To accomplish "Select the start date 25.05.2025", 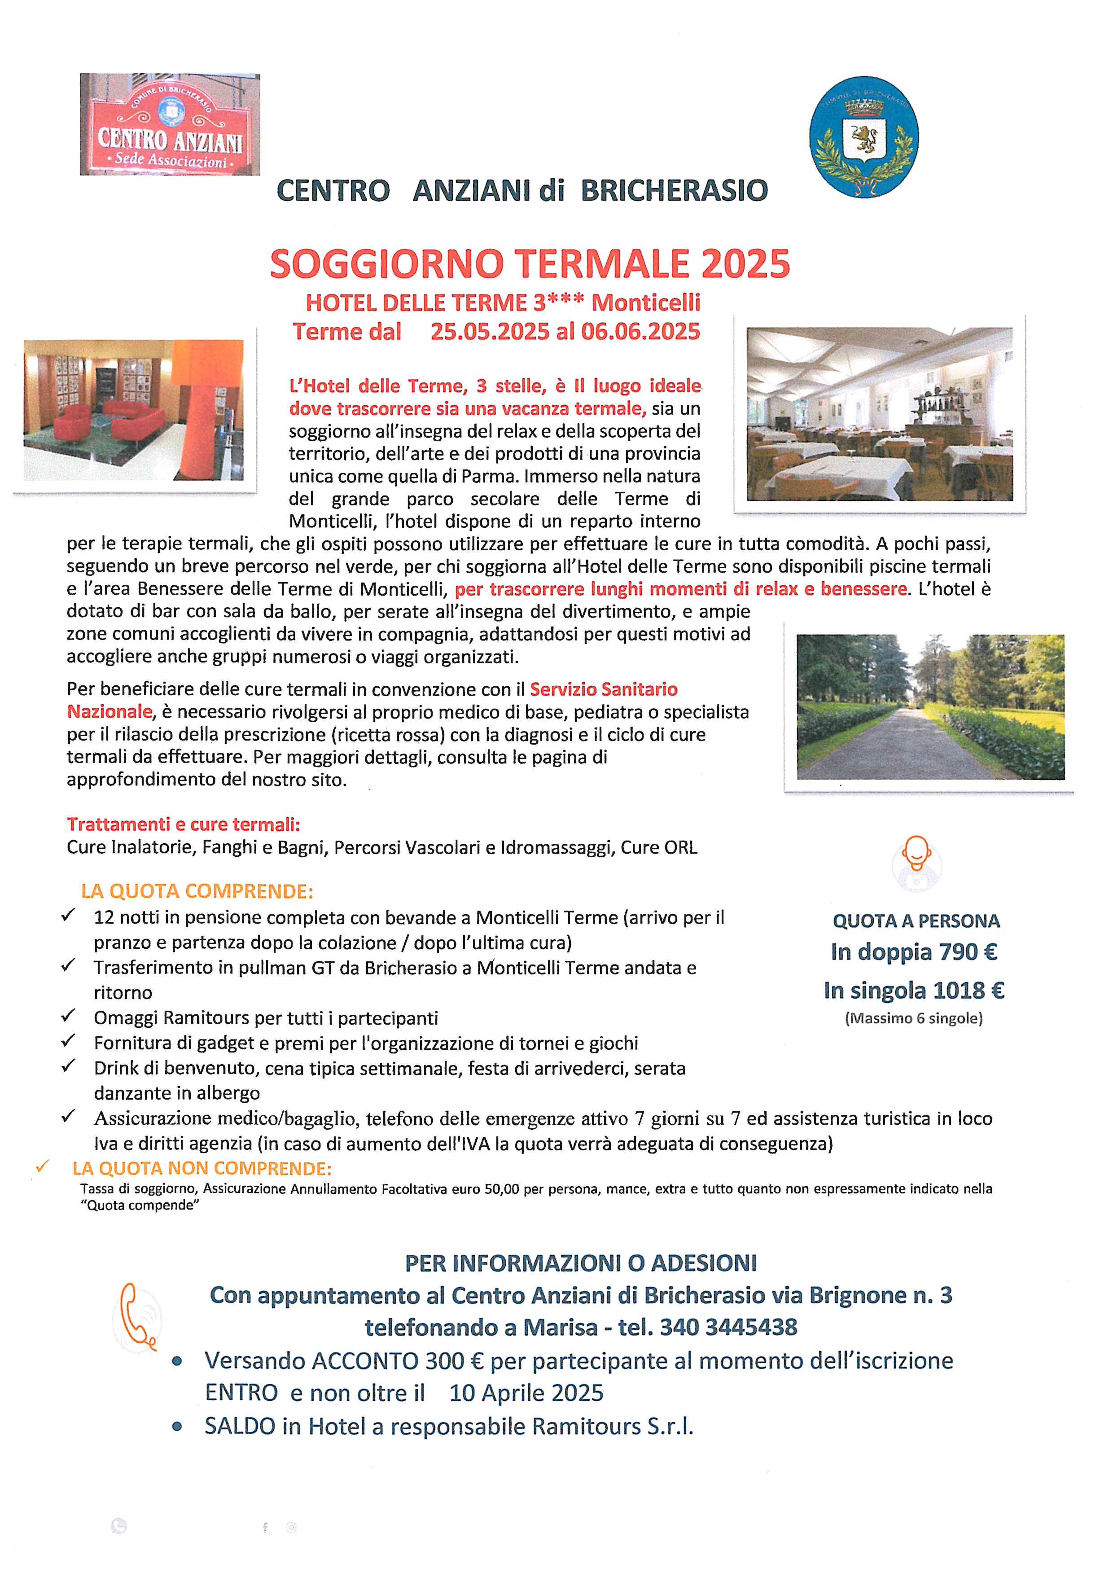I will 489,332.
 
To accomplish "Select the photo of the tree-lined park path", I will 930,707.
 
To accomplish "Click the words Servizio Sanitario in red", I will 604,689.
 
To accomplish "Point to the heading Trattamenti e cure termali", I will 183,824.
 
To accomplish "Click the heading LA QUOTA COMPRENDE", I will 197,891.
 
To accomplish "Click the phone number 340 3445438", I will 728,1327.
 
